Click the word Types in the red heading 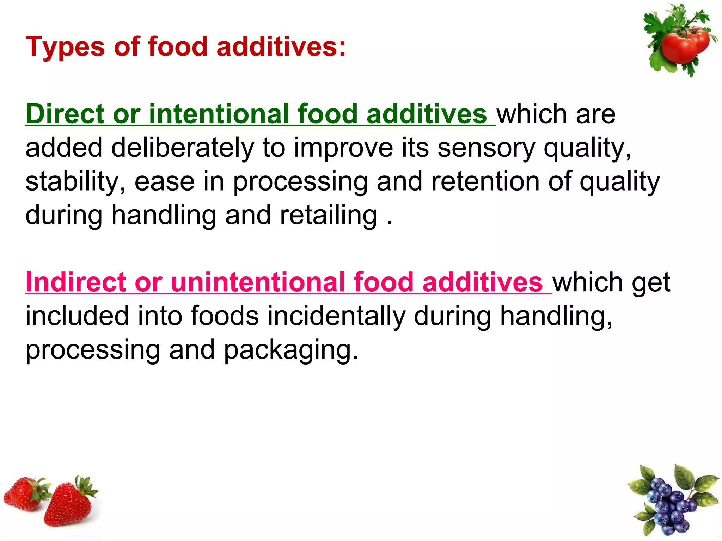coord(65,47)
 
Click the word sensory coord(486,148)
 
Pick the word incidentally coord(336,316)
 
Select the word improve coord(343,148)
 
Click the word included coord(77,316)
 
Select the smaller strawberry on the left coord(23,493)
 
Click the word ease coord(164,182)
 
